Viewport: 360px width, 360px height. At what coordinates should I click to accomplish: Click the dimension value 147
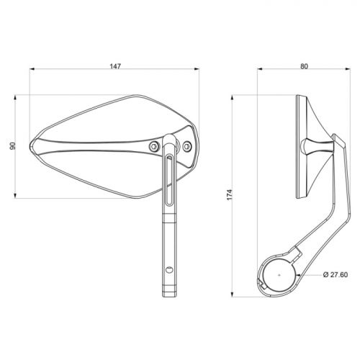[x=115, y=66]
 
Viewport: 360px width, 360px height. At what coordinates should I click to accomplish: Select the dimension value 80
[x=304, y=66]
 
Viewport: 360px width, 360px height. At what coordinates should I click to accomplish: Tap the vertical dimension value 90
[x=12, y=146]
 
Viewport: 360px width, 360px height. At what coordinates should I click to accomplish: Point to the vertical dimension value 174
[x=230, y=195]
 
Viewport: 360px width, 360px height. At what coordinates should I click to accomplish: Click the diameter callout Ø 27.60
[x=336, y=274]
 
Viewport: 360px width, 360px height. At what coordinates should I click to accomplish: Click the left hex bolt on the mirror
[x=154, y=145]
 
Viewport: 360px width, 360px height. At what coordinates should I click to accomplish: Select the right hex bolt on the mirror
[x=187, y=146]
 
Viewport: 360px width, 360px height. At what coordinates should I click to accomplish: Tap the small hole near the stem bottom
[x=170, y=269]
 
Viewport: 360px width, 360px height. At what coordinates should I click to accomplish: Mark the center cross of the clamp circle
[x=279, y=275]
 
